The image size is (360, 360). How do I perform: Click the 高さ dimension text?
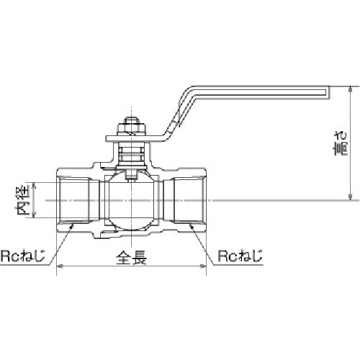click(341, 143)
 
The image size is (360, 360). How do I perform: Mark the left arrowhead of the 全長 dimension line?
click(59, 266)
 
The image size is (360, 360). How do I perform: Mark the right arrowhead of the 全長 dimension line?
click(207, 266)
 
